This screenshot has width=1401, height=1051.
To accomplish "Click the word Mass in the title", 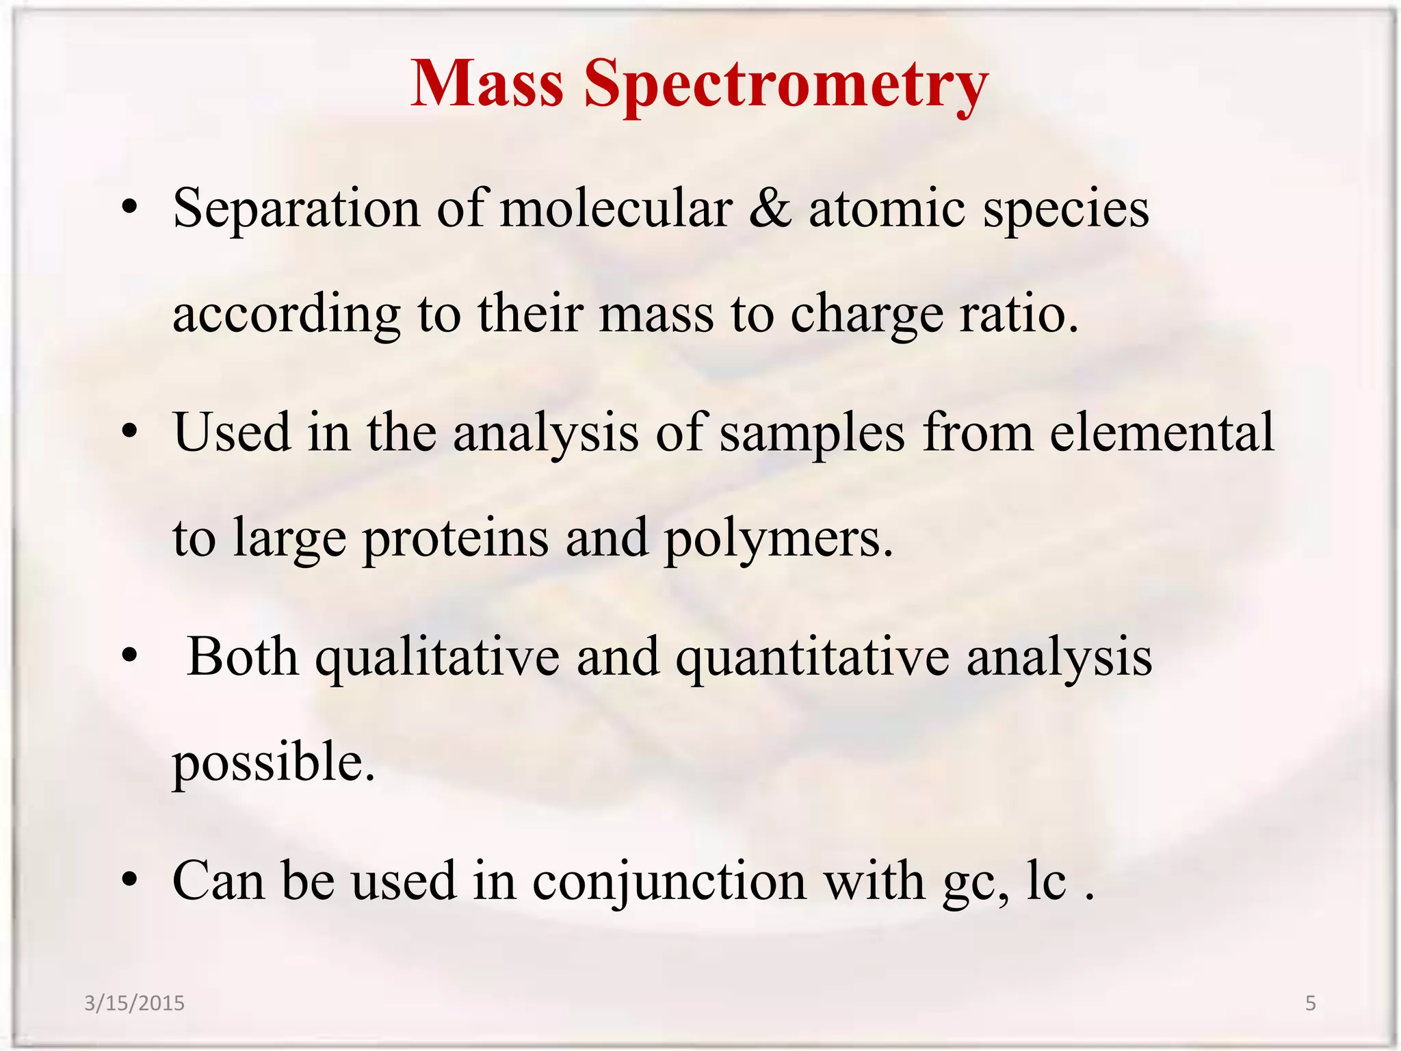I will pos(486,83).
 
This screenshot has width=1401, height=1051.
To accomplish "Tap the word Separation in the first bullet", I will pos(296,209).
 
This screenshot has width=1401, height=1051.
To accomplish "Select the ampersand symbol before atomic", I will pos(770,208).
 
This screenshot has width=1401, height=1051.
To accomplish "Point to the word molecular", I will pos(616,208).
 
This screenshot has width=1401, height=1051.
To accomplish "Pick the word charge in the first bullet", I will pos(867,315).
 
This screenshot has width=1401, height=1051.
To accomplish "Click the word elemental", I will pos(1162,432).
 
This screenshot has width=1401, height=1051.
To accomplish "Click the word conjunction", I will pos(669,881).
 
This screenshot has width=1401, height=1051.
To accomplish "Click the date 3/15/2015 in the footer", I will pos(134,1003).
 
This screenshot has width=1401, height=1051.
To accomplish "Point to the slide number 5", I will pos(1310,1003).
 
